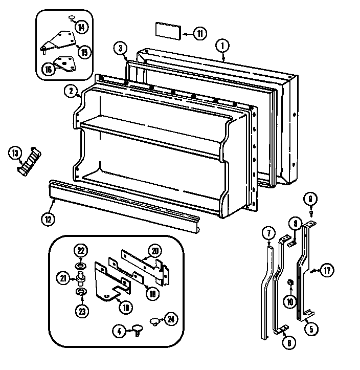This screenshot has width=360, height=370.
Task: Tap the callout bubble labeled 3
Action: (x=120, y=49)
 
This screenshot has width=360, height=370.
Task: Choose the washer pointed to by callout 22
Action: (x=81, y=266)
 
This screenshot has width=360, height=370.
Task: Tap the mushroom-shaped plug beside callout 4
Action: (x=137, y=328)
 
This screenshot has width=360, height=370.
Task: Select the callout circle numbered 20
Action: (x=155, y=250)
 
